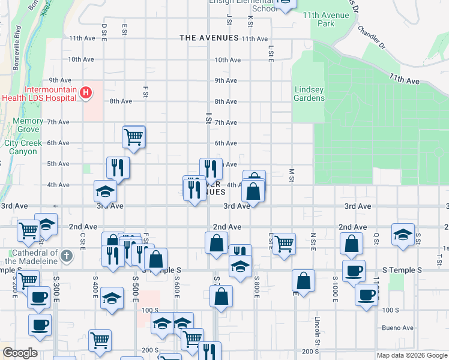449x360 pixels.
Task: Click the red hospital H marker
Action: click(86, 93)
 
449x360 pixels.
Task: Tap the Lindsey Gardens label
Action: click(309, 94)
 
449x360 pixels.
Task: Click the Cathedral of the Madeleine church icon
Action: click(67, 256)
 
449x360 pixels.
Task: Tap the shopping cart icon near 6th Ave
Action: click(133, 136)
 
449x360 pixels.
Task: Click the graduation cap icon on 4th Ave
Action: click(105, 191)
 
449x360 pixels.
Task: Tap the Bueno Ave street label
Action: click(399, 328)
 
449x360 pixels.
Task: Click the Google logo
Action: click(19, 353)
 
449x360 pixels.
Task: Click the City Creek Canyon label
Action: click(23, 147)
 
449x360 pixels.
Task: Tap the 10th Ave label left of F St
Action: click(80, 59)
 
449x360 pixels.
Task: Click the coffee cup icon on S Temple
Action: click(354, 270)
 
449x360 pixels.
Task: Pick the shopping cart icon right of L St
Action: click(284, 243)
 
